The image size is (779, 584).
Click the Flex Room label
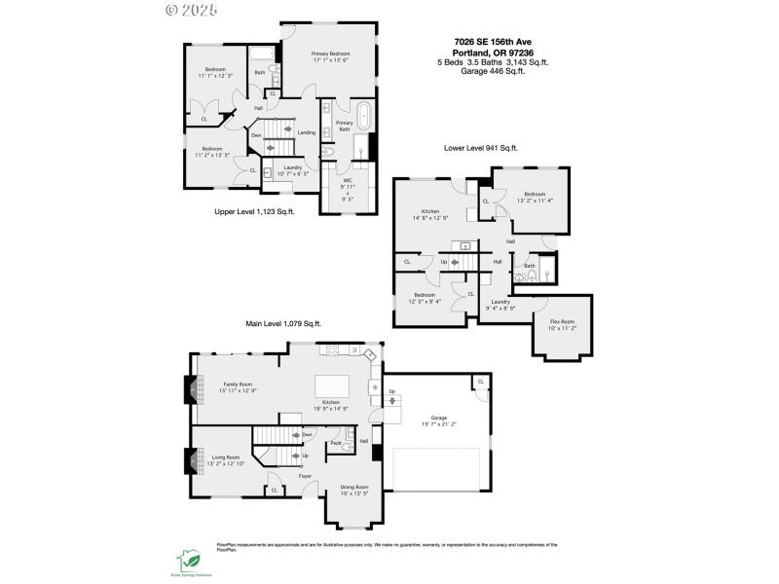point(563,325)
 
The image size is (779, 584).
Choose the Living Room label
point(220,457)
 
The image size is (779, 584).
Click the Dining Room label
point(354,490)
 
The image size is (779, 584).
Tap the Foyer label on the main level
point(305,476)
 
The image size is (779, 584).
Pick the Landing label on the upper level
point(306,132)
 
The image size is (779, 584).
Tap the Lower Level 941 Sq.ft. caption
point(480,148)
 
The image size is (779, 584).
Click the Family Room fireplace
point(190,388)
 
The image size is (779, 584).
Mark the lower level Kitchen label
point(430,214)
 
